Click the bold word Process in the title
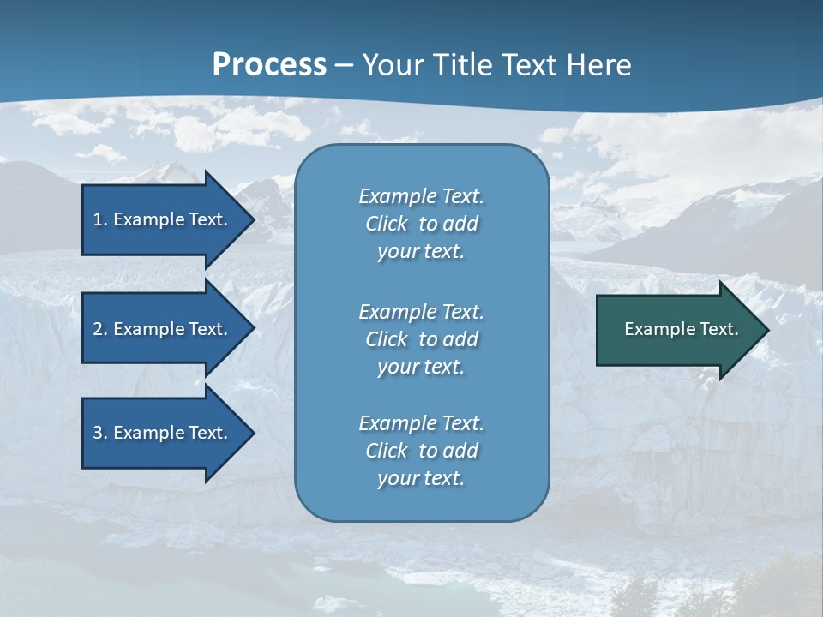pos(269,64)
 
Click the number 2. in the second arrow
pos(100,329)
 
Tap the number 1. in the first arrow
pos(100,219)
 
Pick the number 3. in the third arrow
pos(100,433)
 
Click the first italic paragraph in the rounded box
pos(421,224)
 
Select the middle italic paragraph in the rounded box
pos(421,339)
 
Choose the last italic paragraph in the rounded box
pos(421,451)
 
